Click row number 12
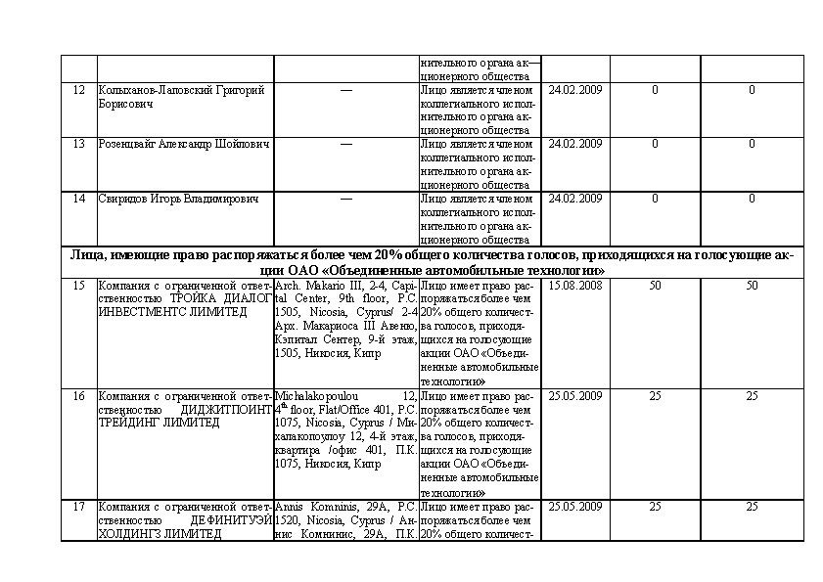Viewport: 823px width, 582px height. pyautogui.click(x=79, y=90)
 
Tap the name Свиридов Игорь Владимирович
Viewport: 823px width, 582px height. pyautogui.click(x=179, y=199)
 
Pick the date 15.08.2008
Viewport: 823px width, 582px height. pyautogui.click(x=574, y=286)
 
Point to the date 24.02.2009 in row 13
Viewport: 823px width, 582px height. pyautogui.click(x=574, y=144)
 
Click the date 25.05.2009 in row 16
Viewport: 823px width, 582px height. pyautogui.click(x=574, y=395)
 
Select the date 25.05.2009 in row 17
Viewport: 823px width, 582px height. pyautogui.click(x=574, y=507)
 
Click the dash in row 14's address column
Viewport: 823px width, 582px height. pyautogui.click(x=345, y=199)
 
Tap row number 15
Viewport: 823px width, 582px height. pyautogui.click(x=79, y=286)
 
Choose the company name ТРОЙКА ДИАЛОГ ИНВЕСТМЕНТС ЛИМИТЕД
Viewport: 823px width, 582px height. pyautogui.click(x=184, y=298)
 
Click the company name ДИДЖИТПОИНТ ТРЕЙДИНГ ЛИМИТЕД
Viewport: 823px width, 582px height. pyautogui.click(x=184, y=409)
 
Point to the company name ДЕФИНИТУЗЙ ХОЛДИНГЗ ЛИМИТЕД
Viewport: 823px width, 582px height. pyautogui.click(x=184, y=520)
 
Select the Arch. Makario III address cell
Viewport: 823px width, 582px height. pyautogui.click(x=345, y=318)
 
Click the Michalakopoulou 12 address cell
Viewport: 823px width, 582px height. pyautogui.click(x=345, y=429)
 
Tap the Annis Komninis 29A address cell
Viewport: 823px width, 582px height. pyautogui.click(x=345, y=520)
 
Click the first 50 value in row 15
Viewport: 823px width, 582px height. pyautogui.click(x=655, y=286)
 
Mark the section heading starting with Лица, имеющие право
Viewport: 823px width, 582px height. pyautogui.click(x=432, y=262)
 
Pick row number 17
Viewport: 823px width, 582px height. pyautogui.click(x=79, y=507)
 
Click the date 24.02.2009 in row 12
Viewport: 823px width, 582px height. pyautogui.click(x=574, y=90)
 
